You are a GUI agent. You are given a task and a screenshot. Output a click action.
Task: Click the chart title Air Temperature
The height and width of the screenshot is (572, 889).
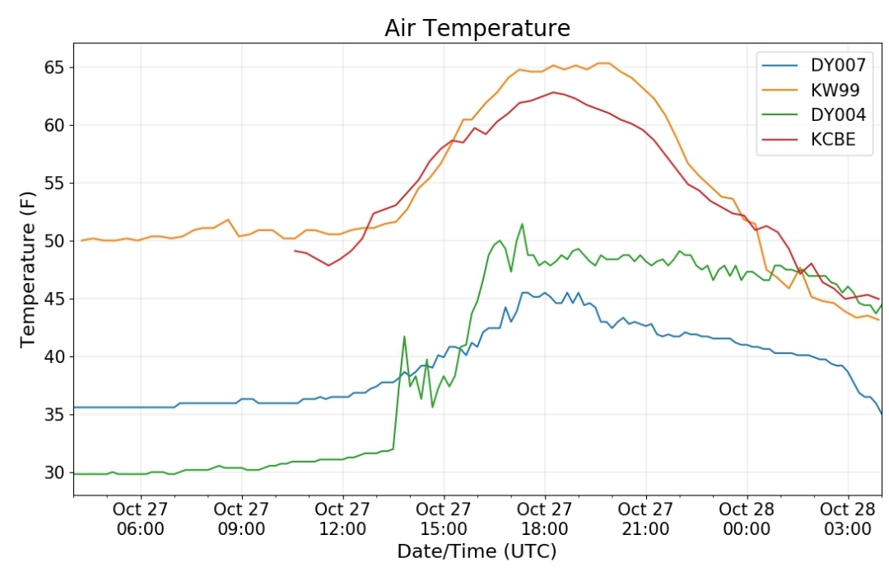(x=477, y=28)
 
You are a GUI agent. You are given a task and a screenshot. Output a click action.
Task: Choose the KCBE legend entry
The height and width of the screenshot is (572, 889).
(x=808, y=139)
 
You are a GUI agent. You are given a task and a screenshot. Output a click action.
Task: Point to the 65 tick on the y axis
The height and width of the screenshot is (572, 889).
(x=55, y=67)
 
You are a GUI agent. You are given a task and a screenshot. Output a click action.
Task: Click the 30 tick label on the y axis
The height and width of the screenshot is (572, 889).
(x=55, y=472)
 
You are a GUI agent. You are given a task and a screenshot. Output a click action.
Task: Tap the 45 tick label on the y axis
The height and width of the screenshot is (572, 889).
(x=55, y=299)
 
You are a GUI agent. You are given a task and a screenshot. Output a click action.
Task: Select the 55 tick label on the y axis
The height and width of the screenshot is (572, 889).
(x=55, y=183)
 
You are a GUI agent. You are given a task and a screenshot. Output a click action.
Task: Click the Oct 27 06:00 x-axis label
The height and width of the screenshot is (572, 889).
(x=140, y=519)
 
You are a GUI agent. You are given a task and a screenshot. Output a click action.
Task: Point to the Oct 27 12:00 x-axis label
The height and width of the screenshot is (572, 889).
(x=342, y=519)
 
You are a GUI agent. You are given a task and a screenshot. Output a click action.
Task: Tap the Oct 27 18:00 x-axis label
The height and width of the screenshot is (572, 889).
(x=544, y=519)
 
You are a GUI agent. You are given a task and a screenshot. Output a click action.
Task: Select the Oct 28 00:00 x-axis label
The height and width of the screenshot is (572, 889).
(x=747, y=519)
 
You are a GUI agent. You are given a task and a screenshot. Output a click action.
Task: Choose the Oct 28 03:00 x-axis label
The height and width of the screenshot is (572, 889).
(x=848, y=519)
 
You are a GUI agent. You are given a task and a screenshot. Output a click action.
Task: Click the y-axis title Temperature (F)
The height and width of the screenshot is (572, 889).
(x=28, y=269)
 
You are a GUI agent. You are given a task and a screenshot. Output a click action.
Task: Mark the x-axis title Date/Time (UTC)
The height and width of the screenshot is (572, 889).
(x=477, y=551)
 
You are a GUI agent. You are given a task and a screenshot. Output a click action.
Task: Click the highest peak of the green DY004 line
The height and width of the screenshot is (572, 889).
(x=522, y=224)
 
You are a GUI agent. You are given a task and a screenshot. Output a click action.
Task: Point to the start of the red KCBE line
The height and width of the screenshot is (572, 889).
(x=295, y=250)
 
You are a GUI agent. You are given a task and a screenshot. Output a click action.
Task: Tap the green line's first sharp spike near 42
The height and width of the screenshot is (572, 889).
(x=404, y=336)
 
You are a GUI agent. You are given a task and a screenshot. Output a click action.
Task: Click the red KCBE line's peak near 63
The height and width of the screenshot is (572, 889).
(x=553, y=92)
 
